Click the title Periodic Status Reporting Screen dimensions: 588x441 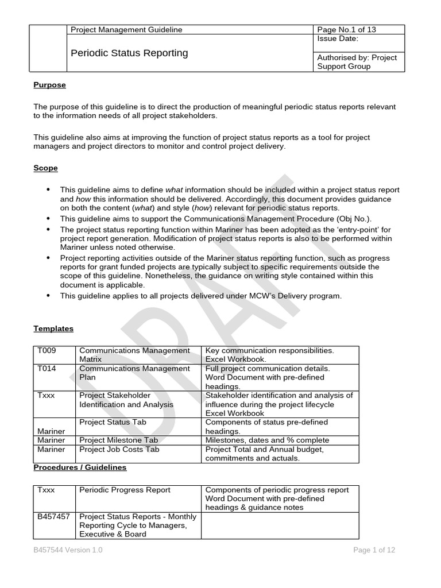(x=129, y=53)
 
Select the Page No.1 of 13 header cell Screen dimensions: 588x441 (x=347, y=30)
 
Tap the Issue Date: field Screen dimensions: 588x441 (x=338, y=39)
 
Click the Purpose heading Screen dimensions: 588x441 (x=49, y=85)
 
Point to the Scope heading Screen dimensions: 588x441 (x=45, y=168)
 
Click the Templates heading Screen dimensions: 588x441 (x=53, y=328)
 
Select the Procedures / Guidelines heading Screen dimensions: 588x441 (x=80, y=467)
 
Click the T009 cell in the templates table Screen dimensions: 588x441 (x=47, y=350)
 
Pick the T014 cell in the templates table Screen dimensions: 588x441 (x=47, y=369)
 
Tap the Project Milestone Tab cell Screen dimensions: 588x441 (x=118, y=440)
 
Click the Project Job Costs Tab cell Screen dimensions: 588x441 (x=119, y=449)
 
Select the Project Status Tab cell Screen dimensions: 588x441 (x=113, y=422)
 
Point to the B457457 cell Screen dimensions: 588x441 (x=53, y=517)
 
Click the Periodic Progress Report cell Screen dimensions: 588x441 (x=125, y=490)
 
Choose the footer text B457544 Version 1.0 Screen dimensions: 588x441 (x=68, y=550)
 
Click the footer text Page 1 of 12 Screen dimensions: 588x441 (x=374, y=550)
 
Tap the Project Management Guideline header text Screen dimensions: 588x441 (x=126, y=30)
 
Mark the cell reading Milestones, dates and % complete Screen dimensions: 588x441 (x=268, y=440)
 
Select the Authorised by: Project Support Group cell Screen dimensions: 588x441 (x=357, y=61)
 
